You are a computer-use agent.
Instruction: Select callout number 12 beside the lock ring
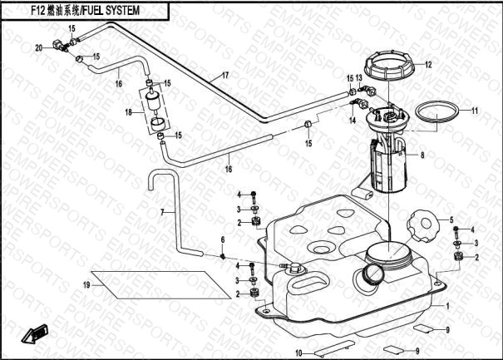[x=428, y=64]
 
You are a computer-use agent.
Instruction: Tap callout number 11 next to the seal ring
[x=476, y=111]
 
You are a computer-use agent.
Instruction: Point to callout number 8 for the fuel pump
[x=422, y=155]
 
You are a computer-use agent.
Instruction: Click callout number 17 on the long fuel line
[x=224, y=76]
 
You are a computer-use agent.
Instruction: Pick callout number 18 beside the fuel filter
[x=129, y=111]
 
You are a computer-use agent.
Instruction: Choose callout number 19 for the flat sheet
[x=86, y=285]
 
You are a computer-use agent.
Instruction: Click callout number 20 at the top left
[x=38, y=47]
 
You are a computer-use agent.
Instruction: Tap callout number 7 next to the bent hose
[x=163, y=213]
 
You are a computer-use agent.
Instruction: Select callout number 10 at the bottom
[x=298, y=353]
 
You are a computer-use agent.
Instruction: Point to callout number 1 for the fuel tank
[x=447, y=306]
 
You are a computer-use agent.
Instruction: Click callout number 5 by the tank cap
[x=452, y=219]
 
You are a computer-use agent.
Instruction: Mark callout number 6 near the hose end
[x=223, y=240]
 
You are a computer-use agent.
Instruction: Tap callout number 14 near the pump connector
[x=353, y=120]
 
